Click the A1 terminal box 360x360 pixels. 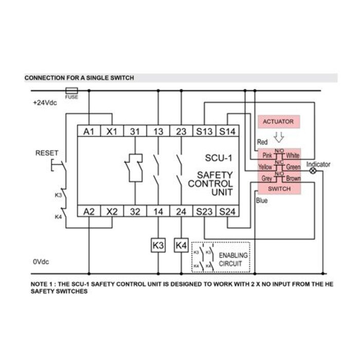(89, 131)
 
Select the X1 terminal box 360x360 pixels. (112, 131)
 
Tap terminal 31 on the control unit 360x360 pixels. (135, 131)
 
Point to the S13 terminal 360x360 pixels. (204, 131)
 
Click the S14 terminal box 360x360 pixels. (226, 131)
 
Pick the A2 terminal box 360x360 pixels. (89, 210)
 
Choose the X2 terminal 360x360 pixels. (112, 210)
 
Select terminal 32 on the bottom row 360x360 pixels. (135, 210)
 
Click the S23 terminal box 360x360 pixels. (204, 210)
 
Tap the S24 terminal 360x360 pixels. (226, 210)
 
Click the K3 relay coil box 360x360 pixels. (158, 246)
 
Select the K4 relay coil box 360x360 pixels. (181, 246)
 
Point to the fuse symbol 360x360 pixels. (71, 91)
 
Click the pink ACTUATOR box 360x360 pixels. (278, 122)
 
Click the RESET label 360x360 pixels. (47, 153)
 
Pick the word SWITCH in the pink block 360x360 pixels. (279, 189)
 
